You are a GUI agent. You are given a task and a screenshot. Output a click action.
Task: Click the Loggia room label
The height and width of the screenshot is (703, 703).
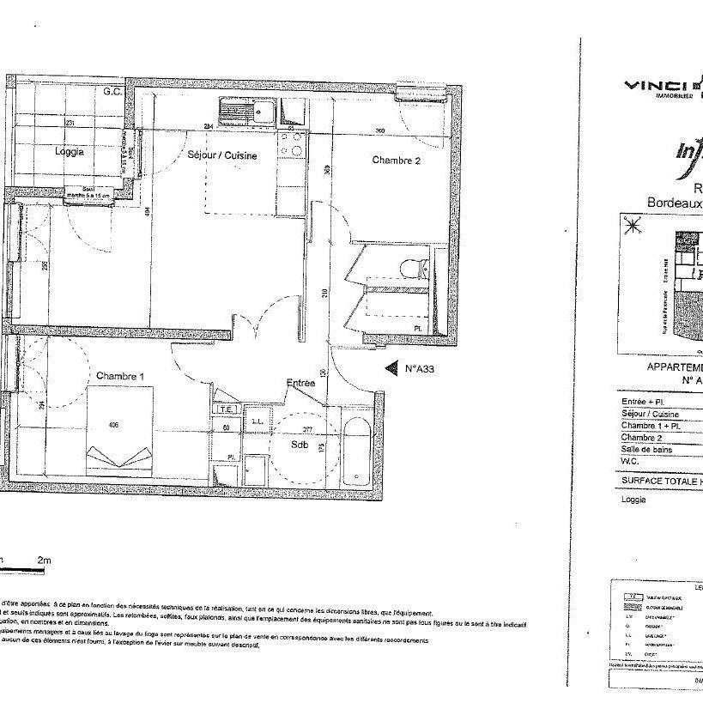70,152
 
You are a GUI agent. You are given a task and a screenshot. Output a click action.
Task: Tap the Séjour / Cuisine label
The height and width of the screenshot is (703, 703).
222,156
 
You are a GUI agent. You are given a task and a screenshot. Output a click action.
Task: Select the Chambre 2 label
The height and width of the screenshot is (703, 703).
396,160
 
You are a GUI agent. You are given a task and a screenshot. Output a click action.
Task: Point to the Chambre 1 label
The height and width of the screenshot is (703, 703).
120,376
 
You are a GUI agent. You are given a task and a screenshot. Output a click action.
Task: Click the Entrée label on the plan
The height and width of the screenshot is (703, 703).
301,385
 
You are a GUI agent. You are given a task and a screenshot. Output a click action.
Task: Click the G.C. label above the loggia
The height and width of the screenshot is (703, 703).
112,92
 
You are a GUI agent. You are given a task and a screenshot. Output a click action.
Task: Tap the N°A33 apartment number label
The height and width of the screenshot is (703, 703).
421,370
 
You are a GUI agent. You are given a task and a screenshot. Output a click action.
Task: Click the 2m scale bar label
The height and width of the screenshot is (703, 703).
44,561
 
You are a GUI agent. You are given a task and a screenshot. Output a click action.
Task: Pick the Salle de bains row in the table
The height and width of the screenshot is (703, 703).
651,449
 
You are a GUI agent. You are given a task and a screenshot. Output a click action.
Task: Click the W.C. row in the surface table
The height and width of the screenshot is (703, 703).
633,461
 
